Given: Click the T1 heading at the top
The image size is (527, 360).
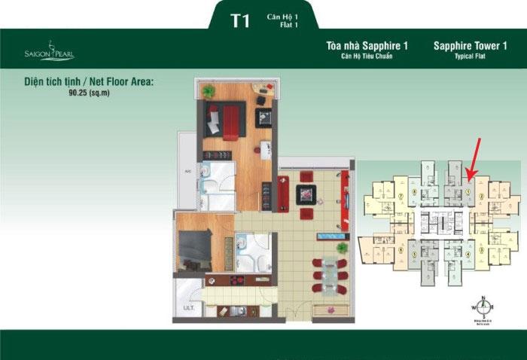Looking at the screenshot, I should click(240, 20).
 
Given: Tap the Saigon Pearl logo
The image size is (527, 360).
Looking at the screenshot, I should click(49, 52).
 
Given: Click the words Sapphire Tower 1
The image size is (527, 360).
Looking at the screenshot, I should click(470, 46).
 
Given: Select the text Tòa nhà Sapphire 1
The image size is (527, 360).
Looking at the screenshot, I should click(367, 46).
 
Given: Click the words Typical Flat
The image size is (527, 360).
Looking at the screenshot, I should click(470, 57).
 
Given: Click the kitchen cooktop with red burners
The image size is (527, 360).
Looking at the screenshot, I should click(234, 281).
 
